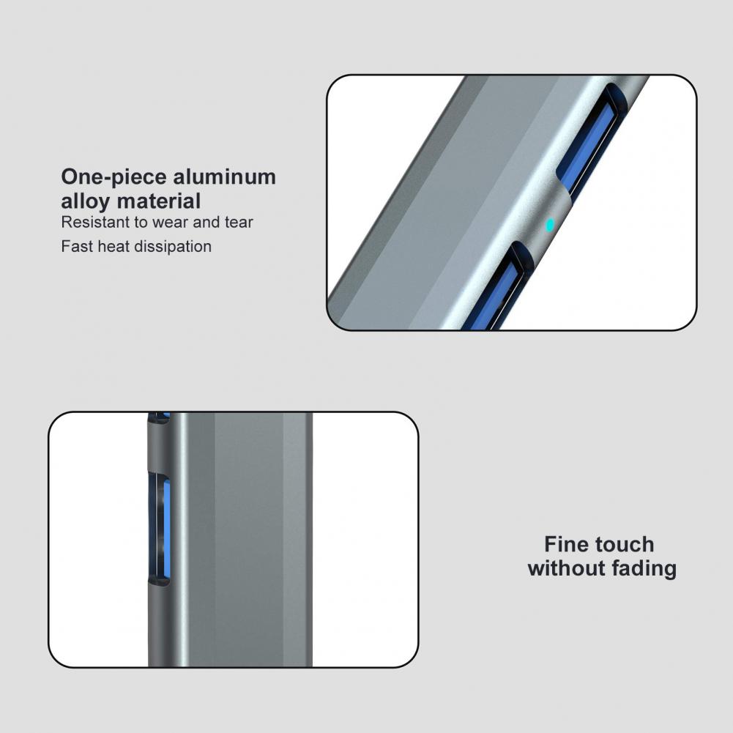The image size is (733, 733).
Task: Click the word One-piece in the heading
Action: tap(114, 178)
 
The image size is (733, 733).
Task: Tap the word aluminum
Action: tap(224, 176)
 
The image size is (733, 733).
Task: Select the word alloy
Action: tap(86, 201)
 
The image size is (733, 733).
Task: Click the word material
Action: tap(158, 201)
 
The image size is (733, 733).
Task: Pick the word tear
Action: tap(239, 223)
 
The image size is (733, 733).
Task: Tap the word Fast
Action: tap(77, 246)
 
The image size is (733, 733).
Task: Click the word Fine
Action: tap(565, 544)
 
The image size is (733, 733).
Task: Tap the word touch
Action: tap(622, 545)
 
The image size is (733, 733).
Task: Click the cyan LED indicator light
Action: tap(550, 226)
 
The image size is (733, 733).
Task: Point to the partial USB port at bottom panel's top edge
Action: tap(159, 417)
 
